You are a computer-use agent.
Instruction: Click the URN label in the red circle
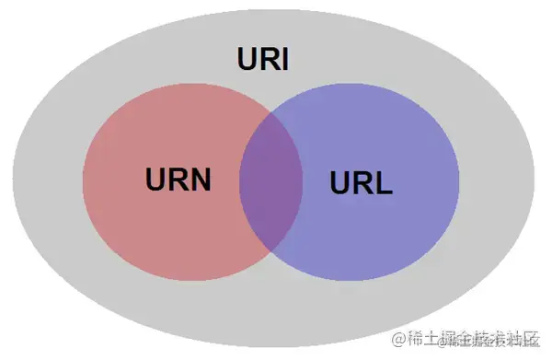pos(178,179)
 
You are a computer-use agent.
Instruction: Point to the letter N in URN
pos(198,179)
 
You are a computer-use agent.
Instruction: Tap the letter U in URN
pos(155,179)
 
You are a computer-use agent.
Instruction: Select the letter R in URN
pos(177,179)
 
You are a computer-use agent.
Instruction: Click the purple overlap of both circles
pos(271,181)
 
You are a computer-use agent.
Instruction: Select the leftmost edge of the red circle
pos(83,182)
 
